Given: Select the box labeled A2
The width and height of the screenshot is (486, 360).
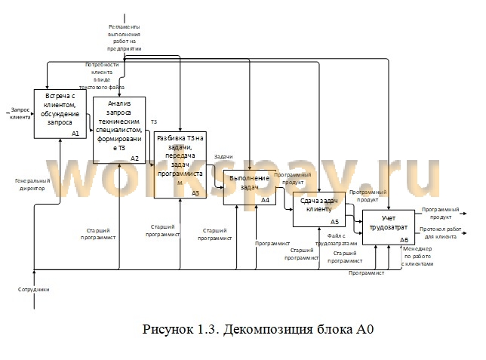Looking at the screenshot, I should pos(119,129).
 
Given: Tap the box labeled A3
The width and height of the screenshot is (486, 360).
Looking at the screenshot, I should pos(179,165).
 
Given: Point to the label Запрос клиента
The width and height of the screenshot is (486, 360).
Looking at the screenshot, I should pos(20,113).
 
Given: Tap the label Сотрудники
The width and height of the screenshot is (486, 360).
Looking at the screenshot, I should pos(33,289).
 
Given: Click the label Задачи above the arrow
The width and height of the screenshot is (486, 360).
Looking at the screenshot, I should pos(223,157).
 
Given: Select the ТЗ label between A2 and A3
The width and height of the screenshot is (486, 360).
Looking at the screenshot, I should pos(154,122).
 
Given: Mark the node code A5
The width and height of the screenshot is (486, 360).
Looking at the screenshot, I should pos(335,222).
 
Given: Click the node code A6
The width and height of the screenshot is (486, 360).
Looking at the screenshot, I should pos(404,240).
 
